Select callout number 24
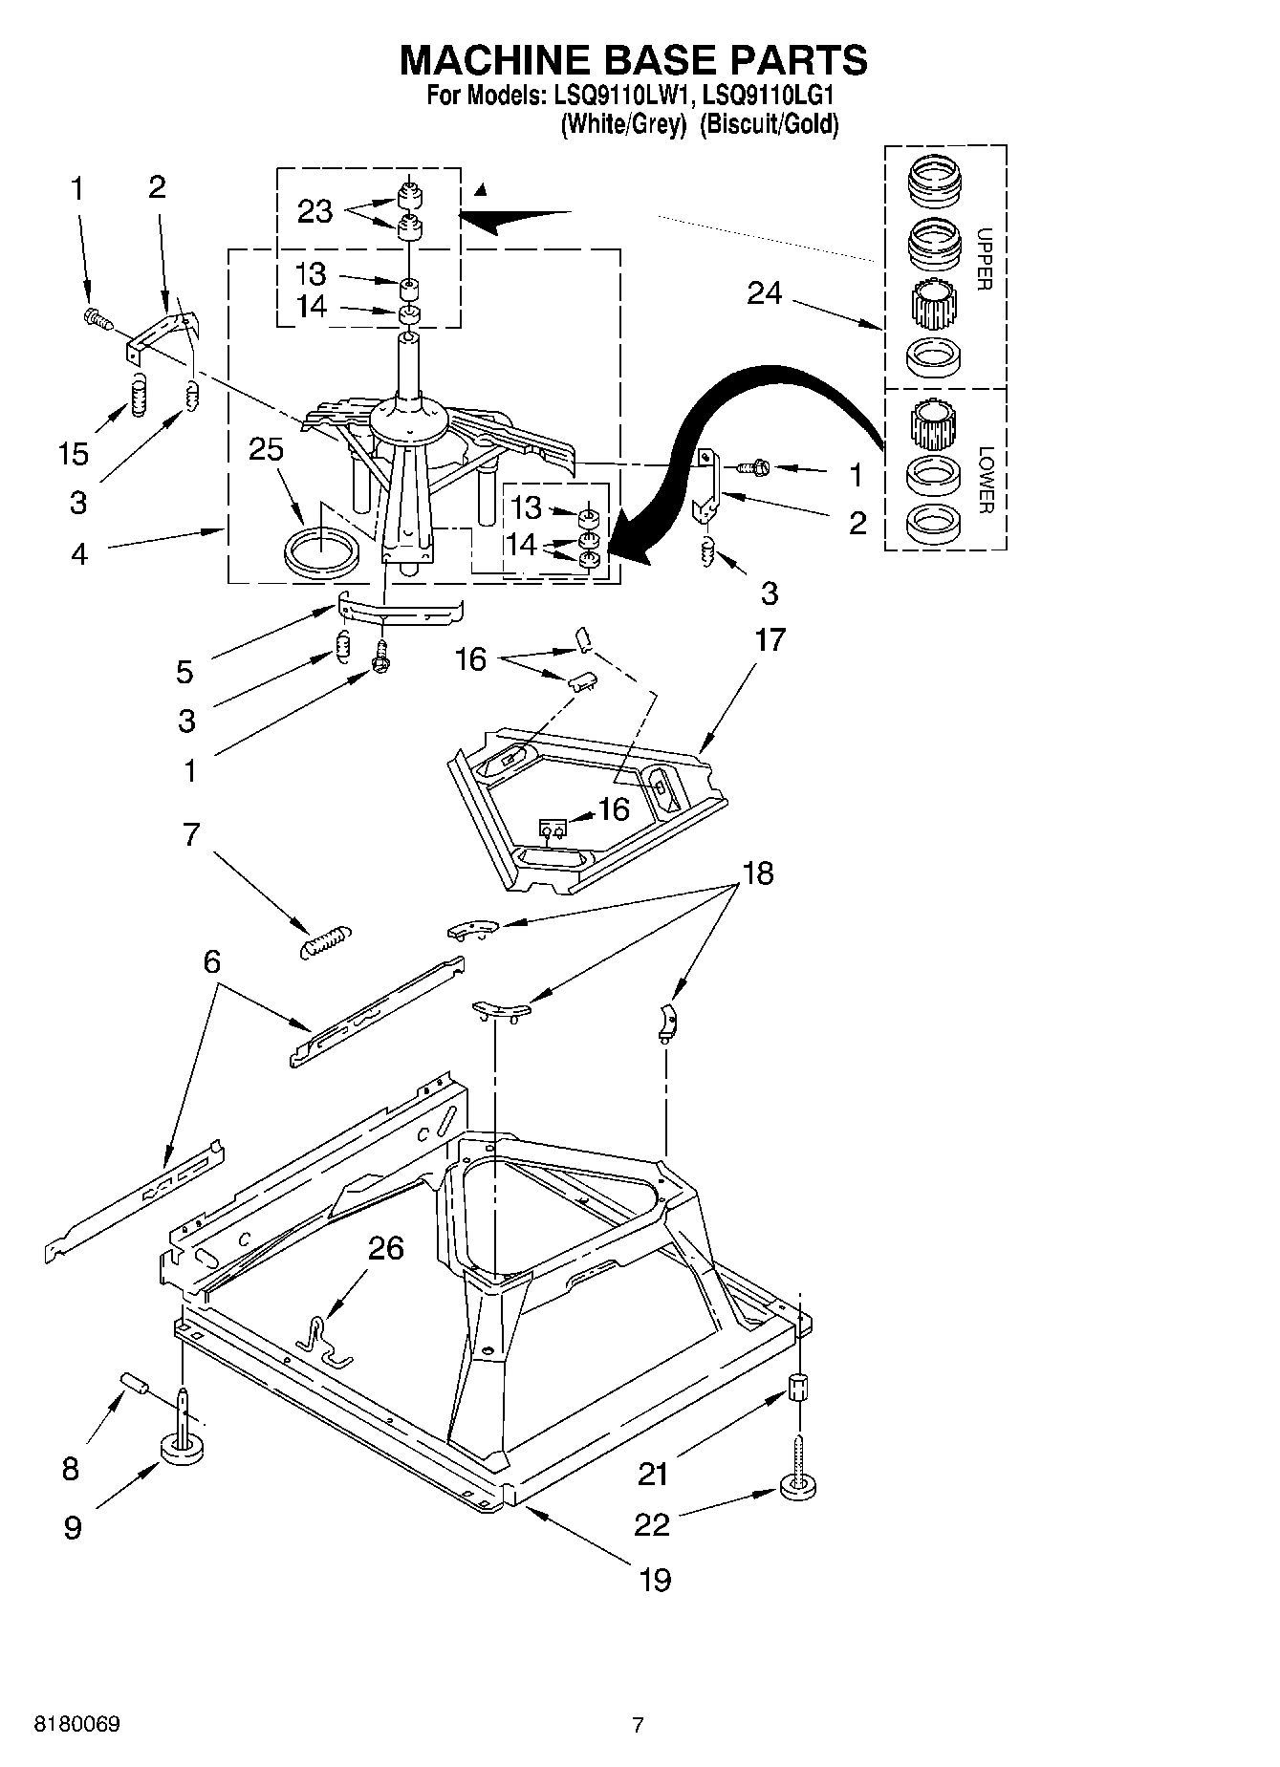point(764,293)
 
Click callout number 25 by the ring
point(266,449)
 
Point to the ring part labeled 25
point(322,552)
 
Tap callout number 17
point(770,639)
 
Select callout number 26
point(386,1248)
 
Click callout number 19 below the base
point(655,1579)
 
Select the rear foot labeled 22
point(798,1487)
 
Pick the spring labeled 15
point(140,395)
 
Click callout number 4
point(79,553)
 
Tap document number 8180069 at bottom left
point(77,1725)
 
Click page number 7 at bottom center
point(638,1725)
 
